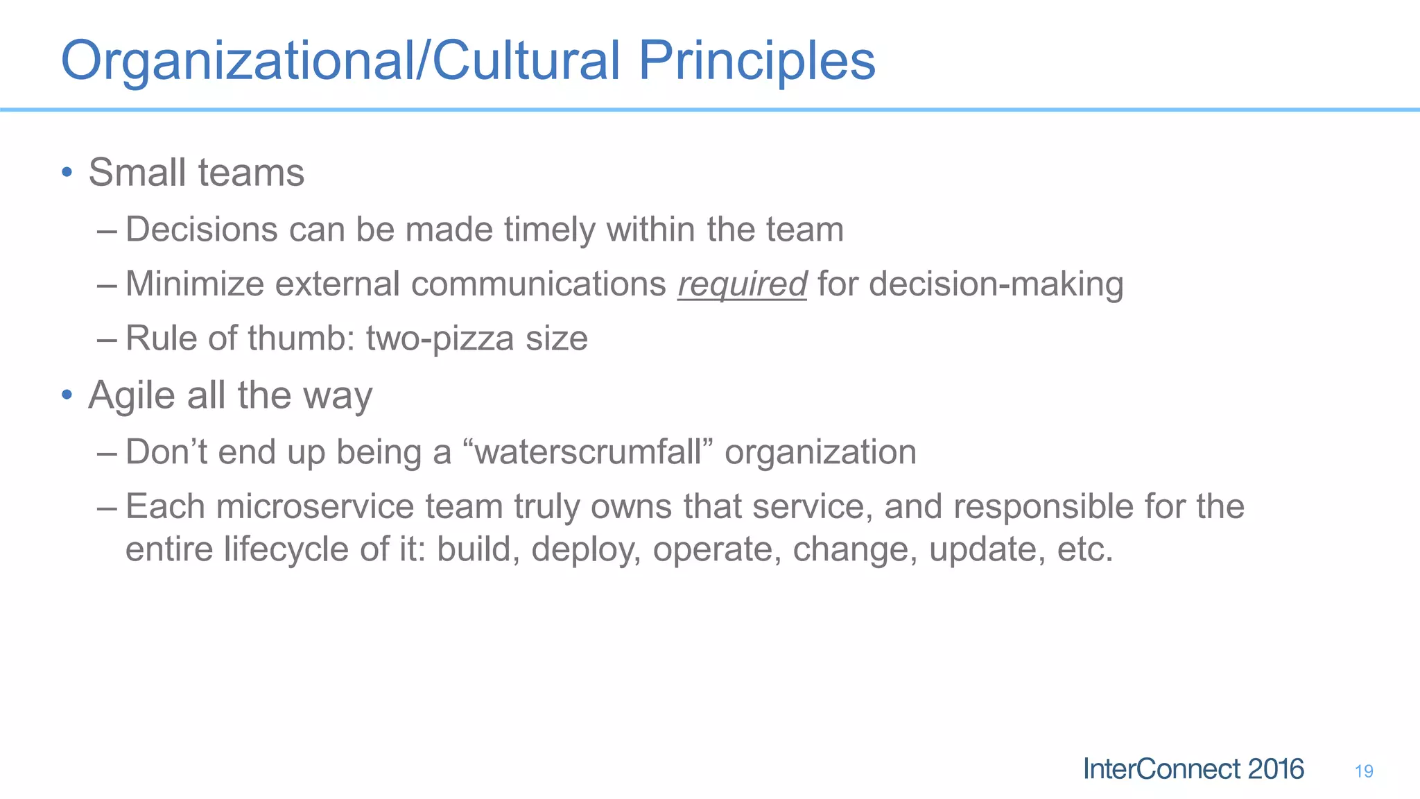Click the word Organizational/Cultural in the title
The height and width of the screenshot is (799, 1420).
[340, 61]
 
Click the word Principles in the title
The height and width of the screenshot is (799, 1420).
[756, 61]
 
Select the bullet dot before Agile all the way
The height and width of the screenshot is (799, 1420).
[67, 395]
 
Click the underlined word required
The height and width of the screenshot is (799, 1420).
[742, 284]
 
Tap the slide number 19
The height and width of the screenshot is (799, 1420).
[1363, 771]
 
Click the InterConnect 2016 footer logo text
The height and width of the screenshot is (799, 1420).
[1193, 769]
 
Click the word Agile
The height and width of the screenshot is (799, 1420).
[131, 395]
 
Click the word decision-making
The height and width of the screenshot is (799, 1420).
[996, 284]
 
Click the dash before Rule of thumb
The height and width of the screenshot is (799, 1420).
[107, 339]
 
